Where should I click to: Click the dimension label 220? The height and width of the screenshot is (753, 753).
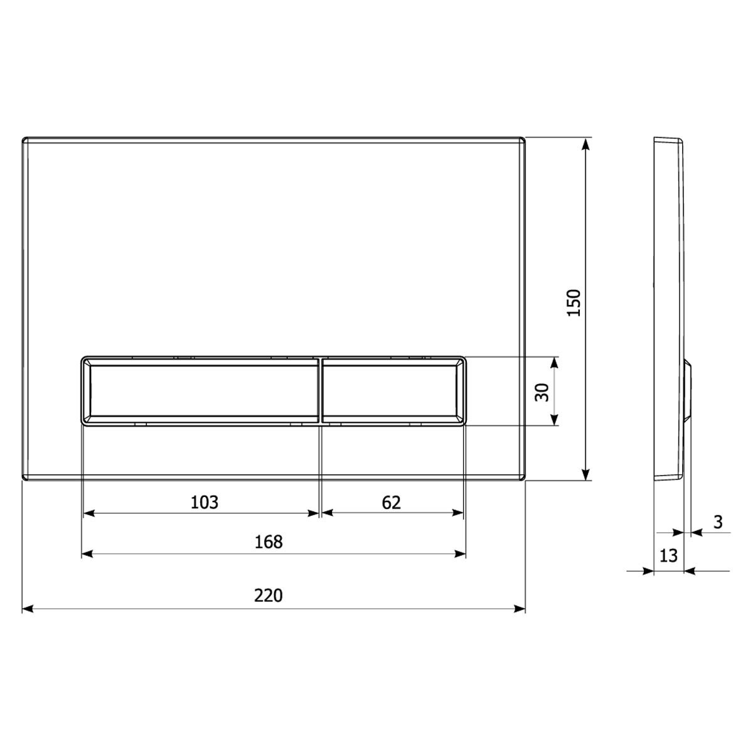tap(268, 595)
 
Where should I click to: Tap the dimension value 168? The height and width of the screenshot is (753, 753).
tap(269, 542)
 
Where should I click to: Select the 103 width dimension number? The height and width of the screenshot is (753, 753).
tap(205, 502)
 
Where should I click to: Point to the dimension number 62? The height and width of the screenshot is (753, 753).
tap(391, 503)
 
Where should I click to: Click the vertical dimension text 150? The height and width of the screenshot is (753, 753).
tap(574, 303)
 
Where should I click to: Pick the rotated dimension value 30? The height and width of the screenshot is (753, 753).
tap(542, 392)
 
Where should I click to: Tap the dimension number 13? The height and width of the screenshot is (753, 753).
tap(668, 555)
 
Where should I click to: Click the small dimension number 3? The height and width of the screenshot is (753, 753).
tap(718, 522)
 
